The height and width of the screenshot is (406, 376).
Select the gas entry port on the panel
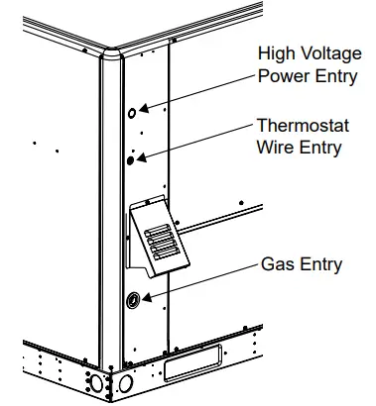[x=132, y=299]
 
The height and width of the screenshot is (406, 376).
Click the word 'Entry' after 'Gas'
[x=320, y=264]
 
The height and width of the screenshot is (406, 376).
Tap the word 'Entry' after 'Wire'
[x=320, y=149]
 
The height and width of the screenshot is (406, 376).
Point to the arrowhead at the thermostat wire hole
[x=142, y=154]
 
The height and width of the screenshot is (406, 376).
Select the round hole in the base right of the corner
[x=127, y=383]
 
